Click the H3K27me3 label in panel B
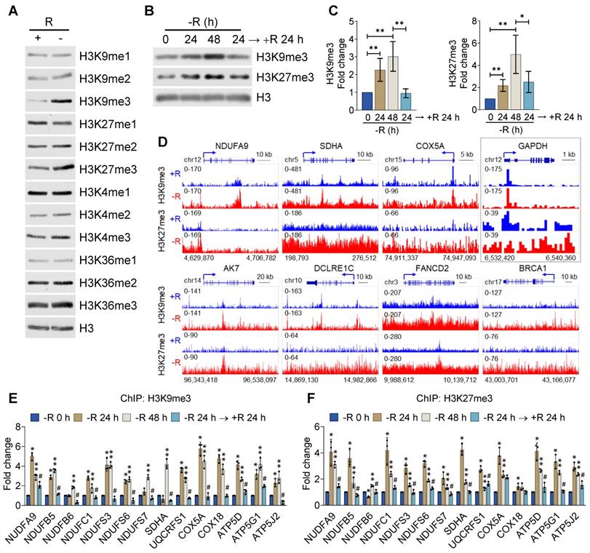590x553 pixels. point(282,75)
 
